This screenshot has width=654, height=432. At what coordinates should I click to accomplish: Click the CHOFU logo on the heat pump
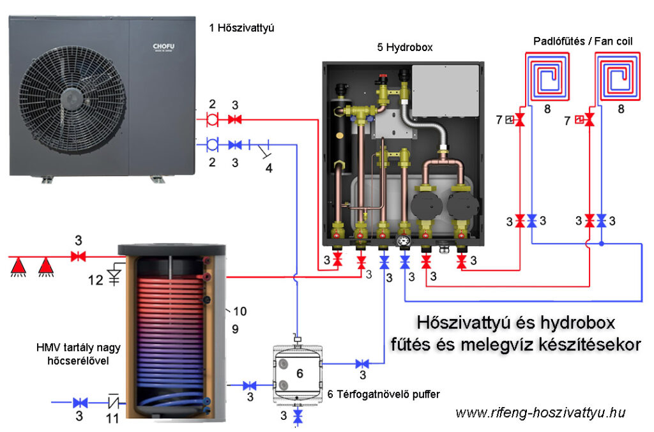pos(163,47)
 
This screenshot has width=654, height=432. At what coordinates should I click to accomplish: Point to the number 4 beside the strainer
pos(269,168)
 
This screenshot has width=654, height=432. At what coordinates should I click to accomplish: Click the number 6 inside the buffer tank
pos(298,373)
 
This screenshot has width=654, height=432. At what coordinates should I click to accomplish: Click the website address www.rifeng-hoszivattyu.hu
pos(540,412)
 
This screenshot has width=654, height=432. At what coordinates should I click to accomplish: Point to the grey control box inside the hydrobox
pos(445,91)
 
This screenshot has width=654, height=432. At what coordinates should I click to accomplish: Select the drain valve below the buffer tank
pos(298,416)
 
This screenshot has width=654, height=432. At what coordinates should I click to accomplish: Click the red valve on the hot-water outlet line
pos(79,257)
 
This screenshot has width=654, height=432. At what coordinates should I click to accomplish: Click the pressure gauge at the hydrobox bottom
pos(404,242)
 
